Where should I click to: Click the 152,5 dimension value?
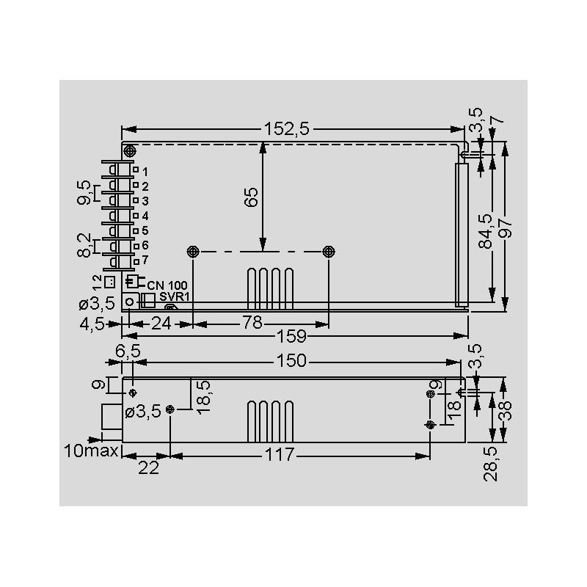tap(287, 129)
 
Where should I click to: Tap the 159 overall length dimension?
tap(291, 336)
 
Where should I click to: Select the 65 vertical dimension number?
tap(252, 197)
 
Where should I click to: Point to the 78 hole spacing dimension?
tap(252, 323)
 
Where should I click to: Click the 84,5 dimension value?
tap(486, 231)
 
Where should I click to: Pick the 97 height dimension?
tap(506, 228)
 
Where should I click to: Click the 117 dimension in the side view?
tap(280, 454)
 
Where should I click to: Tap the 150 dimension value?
tap(291, 360)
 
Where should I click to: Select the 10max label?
tap(91, 451)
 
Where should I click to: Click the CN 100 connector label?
tap(167, 285)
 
